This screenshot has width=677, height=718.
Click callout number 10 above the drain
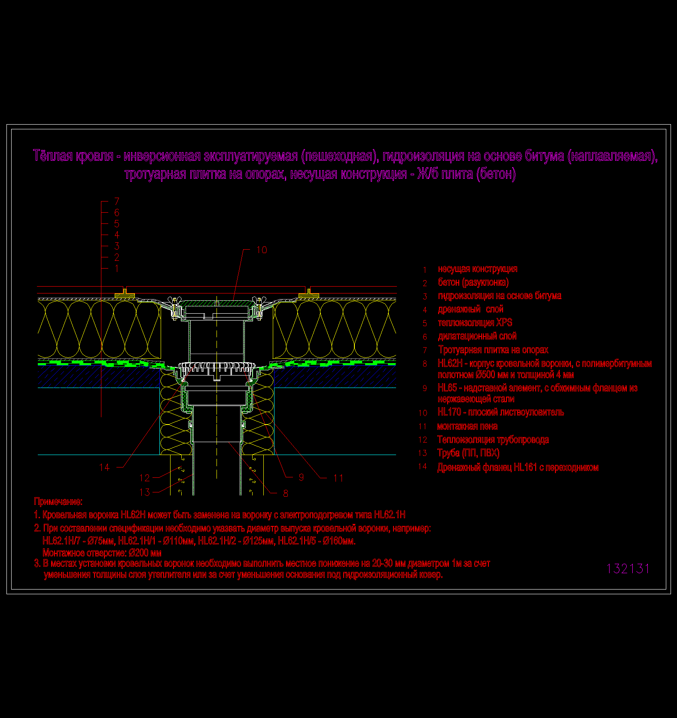[x=262, y=250]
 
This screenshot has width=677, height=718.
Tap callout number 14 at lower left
[x=104, y=467]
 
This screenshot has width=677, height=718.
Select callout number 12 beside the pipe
[x=145, y=478]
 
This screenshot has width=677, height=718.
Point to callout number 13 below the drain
[x=145, y=492]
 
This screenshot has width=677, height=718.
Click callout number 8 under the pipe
[x=286, y=493]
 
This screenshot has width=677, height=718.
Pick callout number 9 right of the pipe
[x=301, y=477]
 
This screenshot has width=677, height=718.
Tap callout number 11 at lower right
[x=338, y=478]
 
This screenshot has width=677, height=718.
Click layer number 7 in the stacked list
[x=117, y=201]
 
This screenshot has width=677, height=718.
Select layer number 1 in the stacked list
[x=117, y=269]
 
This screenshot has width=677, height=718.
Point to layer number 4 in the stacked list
[x=117, y=235]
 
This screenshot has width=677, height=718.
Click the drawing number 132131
[x=628, y=568]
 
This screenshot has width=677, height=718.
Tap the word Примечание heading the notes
[x=58, y=501]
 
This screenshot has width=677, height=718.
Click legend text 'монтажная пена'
[x=467, y=426]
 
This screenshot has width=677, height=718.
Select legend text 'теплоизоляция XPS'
[x=475, y=323]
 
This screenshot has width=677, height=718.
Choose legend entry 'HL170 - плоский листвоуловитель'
[x=500, y=412]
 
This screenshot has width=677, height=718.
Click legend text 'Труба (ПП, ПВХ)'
[x=468, y=453]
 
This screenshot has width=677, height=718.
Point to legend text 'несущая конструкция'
[x=478, y=269]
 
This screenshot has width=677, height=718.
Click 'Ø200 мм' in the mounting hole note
[x=145, y=553]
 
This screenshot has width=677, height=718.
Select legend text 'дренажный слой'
[x=471, y=309]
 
